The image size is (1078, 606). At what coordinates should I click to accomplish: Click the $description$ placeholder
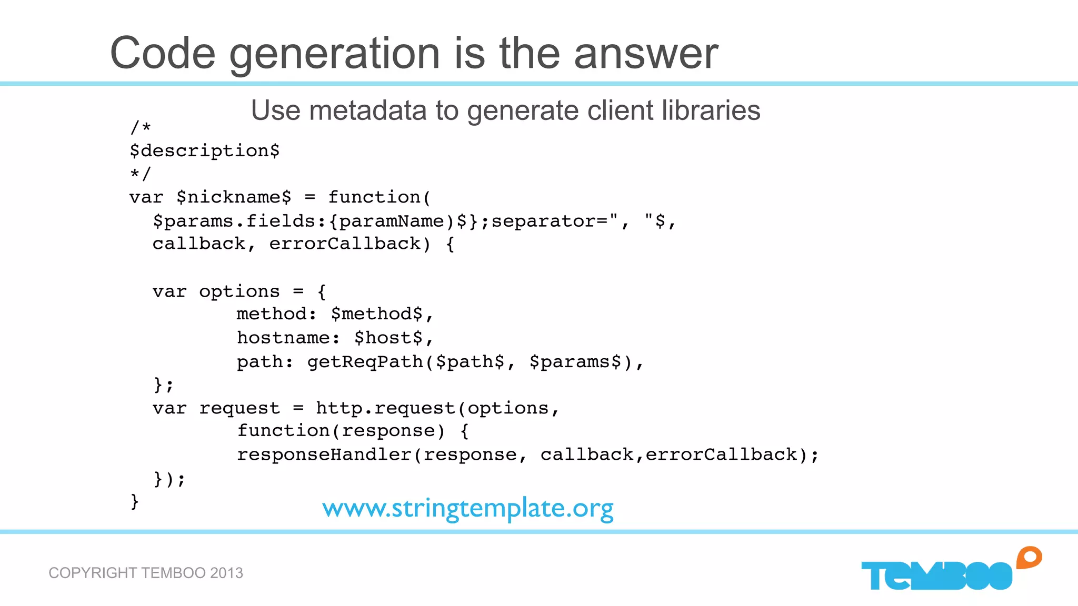(x=205, y=151)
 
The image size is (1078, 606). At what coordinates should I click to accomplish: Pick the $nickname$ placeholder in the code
(x=234, y=198)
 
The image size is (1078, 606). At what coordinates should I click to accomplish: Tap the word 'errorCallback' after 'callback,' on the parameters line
(x=345, y=244)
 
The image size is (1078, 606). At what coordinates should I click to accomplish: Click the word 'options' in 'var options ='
(x=239, y=291)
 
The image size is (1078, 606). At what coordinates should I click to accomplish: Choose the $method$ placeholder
(x=377, y=314)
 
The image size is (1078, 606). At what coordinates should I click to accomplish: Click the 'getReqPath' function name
(x=365, y=362)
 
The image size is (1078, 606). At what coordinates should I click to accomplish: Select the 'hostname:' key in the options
(x=288, y=338)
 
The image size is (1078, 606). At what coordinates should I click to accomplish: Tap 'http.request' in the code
(x=386, y=408)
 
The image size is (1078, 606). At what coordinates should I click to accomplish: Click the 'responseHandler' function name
(x=324, y=454)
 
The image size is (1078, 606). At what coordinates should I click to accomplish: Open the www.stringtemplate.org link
(x=468, y=509)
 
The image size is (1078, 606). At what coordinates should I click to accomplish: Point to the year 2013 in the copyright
(x=226, y=573)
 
